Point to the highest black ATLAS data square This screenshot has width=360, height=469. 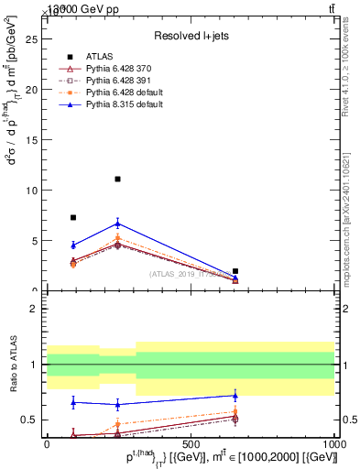(x=117, y=180)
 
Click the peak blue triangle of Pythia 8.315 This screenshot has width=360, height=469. (x=117, y=223)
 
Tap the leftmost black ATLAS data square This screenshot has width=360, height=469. (x=73, y=218)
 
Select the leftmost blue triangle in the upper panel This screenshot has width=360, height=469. (x=73, y=245)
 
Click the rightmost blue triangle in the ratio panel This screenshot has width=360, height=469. (x=235, y=396)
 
